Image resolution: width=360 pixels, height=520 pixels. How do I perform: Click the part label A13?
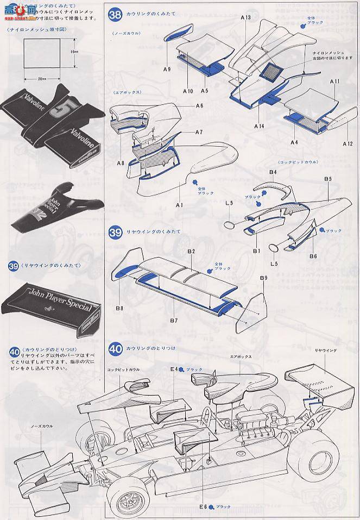point(246,18)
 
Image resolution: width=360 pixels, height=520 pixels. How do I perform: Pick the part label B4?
point(273,172)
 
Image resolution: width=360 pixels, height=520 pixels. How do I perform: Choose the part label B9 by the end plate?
point(263,278)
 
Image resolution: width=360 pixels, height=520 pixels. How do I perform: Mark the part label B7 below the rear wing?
point(173,321)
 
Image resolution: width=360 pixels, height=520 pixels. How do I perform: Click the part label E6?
point(203,507)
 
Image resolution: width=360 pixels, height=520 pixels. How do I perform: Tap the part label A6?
point(199,105)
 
